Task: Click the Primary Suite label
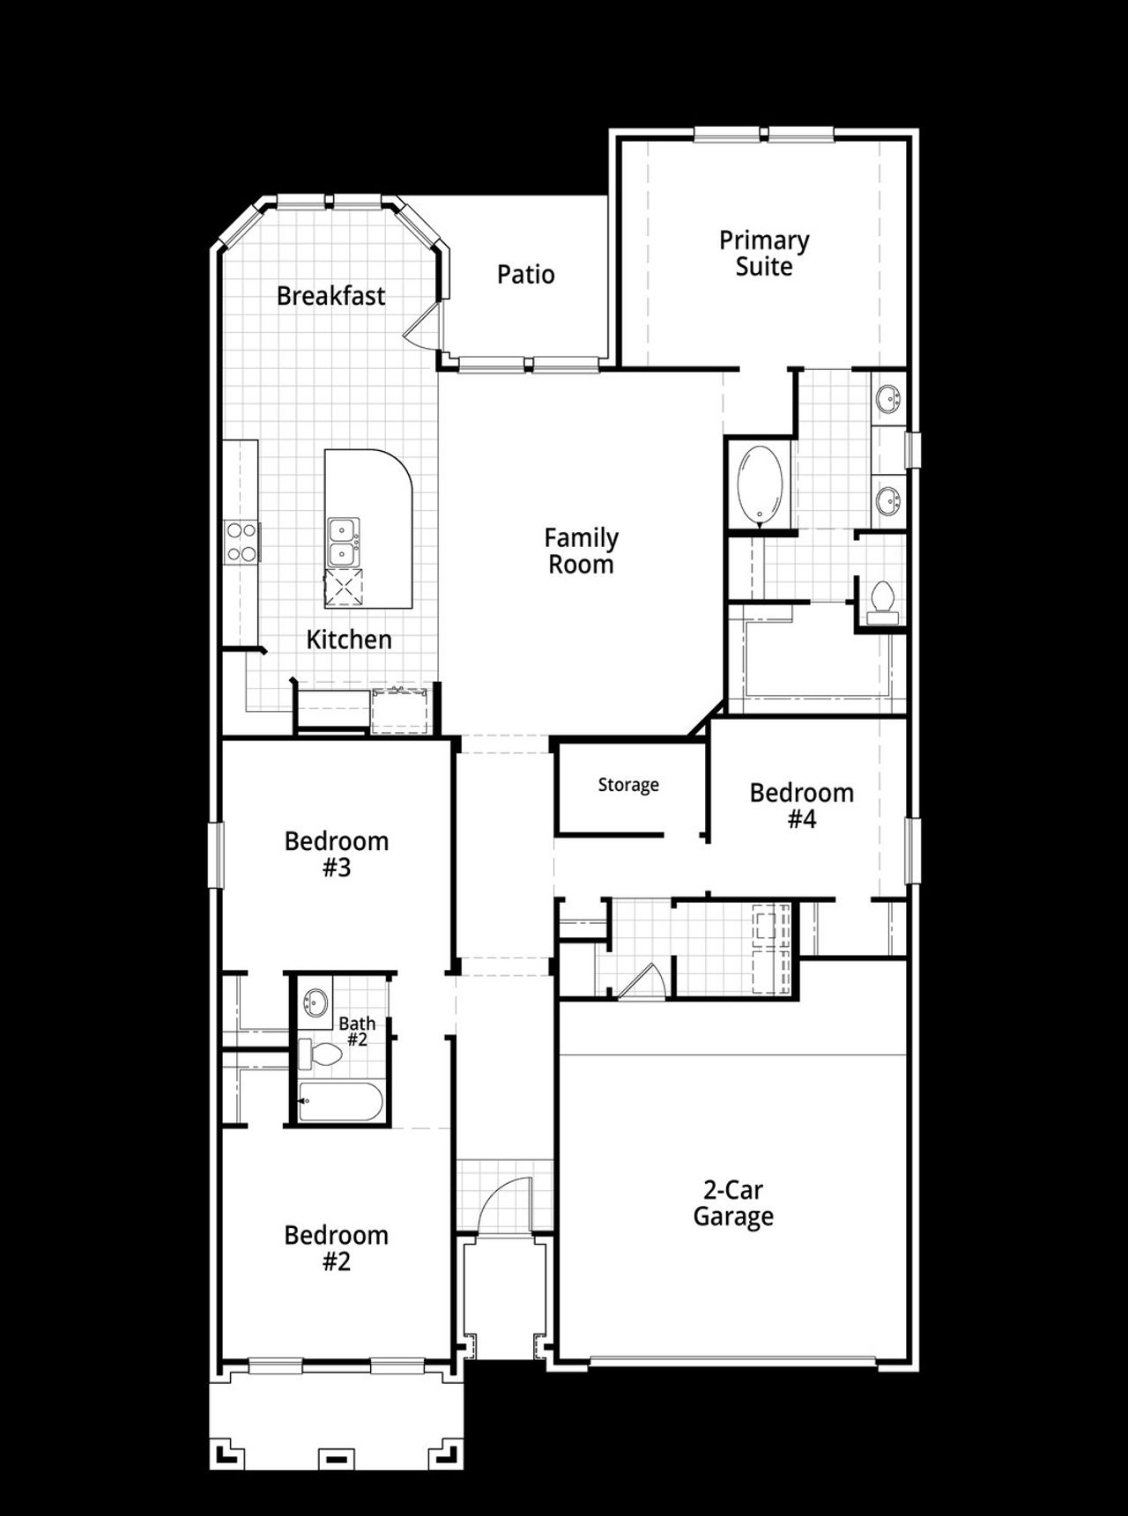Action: [x=763, y=253]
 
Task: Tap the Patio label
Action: [x=525, y=274]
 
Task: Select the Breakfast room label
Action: [x=330, y=295]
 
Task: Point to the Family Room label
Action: [x=581, y=551]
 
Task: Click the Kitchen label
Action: [x=348, y=639]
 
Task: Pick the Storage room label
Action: [x=627, y=784]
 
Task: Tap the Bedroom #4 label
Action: [x=801, y=805]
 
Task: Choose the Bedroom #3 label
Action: [x=336, y=854]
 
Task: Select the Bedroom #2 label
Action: [x=336, y=1247]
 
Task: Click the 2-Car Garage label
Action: [x=732, y=1202]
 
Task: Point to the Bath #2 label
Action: [x=357, y=1031]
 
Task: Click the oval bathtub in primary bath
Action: [x=760, y=485]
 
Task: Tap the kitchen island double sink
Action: [x=343, y=542]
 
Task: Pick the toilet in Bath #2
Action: [x=322, y=1054]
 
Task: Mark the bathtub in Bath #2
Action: [x=340, y=1101]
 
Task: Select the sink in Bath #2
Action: [x=315, y=1002]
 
